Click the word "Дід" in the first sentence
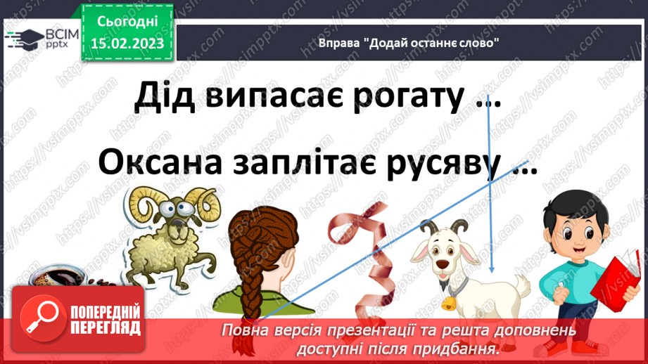(x=165, y=96)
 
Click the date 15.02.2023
(x=127, y=43)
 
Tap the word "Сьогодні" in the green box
(x=127, y=22)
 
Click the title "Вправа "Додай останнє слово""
(x=408, y=43)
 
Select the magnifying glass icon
(x=43, y=318)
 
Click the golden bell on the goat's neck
(x=448, y=304)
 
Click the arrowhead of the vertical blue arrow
(x=491, y=269)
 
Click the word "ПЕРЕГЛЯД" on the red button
(x=106, y=328)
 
